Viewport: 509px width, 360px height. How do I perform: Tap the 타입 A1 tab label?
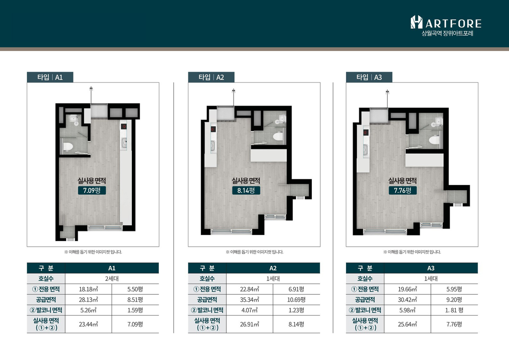pyautogui.click(x=50, y=77)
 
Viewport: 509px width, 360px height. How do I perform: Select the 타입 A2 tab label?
pyautogui.click(x=211, y=77)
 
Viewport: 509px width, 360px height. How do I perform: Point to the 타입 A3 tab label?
pyautogui.click(x=369, y=77)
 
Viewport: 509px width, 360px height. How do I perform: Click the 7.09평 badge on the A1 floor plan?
pyautogui.click(x=92, y=190)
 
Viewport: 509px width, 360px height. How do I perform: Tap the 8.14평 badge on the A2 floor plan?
pyautogui.click(x=246, y=190)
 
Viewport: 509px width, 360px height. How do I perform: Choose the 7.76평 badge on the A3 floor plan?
pyautogui.click(x=403, y=190)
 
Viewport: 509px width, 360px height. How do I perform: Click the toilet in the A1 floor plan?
pyautogui.click(x=68, y=146)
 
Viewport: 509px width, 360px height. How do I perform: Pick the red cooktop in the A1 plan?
pyautogui.click(x=124, y=127)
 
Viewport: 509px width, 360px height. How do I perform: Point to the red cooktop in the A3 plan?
pyautogui.click(x=366, y=132)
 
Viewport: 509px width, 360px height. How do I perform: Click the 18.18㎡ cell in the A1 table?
pyautogui.click(x=88, y=289)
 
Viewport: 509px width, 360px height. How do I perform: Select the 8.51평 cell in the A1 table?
pyautogui.click(x=135, y=300)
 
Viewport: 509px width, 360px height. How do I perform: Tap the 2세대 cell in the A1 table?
pyautogui.click(x=112, y=279)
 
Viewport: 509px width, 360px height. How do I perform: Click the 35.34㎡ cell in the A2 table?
pyautogui.click(x=249, y=300)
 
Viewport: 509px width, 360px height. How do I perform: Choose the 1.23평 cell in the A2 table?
pyautogui.click(x=296, y=310)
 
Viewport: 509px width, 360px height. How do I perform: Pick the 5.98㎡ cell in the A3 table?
pyautogui.click(x=407, y=310)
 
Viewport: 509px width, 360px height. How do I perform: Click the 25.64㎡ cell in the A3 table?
pyautogui.click(x=407, y=324)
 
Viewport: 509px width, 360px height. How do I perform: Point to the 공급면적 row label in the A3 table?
pyautogui.click(x=365, y=300)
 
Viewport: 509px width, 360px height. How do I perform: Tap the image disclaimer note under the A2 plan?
pyautogui.click(x=254, y=252)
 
